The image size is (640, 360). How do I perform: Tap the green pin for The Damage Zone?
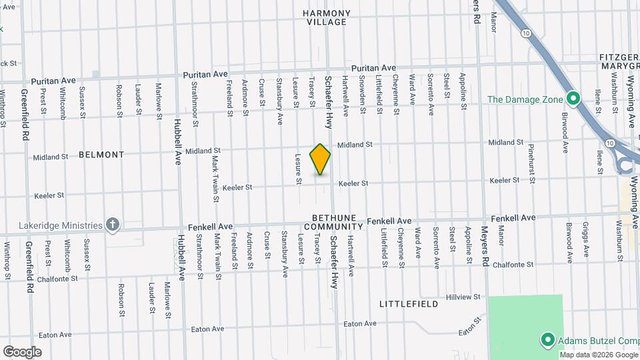572,99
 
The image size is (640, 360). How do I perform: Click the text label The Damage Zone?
525,99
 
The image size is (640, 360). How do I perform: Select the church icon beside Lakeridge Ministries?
113,225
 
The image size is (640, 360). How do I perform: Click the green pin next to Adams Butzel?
547,341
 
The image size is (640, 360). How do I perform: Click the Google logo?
22,351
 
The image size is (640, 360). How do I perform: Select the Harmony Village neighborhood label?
326,17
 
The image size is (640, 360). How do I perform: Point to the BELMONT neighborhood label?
101,155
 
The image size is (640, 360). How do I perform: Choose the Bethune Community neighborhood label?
339,223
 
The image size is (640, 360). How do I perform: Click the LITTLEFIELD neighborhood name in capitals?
409,304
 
